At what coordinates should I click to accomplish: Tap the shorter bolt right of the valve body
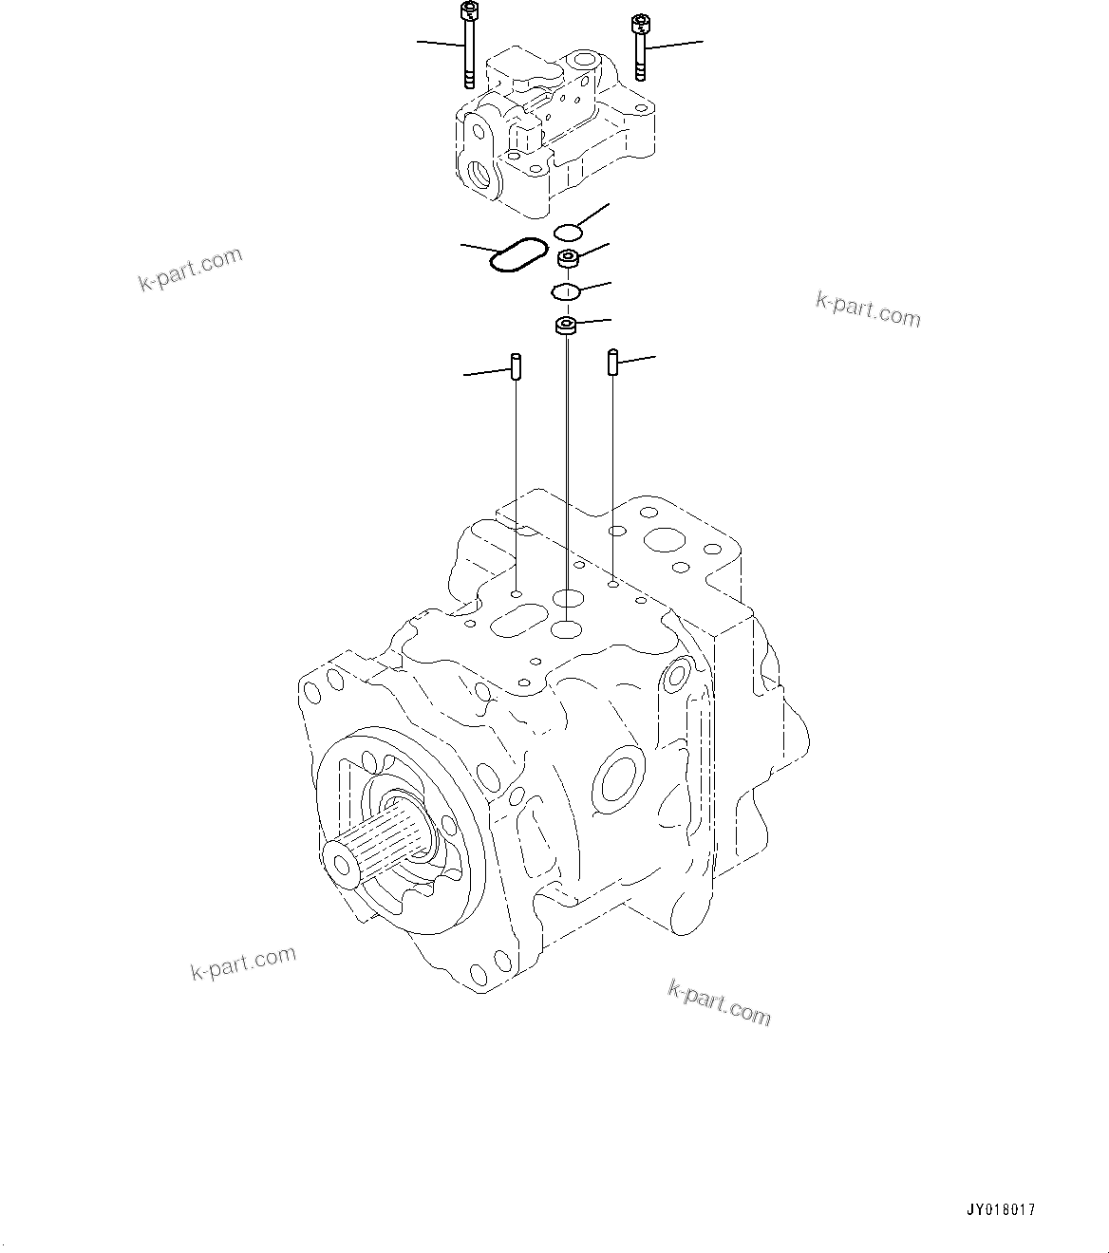[x=640, y=47]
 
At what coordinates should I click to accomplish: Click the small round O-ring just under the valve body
[x=567, y=233]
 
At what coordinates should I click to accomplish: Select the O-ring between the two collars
[x=566, y=291]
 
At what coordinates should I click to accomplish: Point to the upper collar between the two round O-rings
[x=570, y=258]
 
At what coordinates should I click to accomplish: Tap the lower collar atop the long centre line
[x=567, y=327]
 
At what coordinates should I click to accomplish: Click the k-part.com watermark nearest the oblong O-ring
[x=190, y=270]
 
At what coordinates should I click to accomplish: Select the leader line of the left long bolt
[x=439, y=44]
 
